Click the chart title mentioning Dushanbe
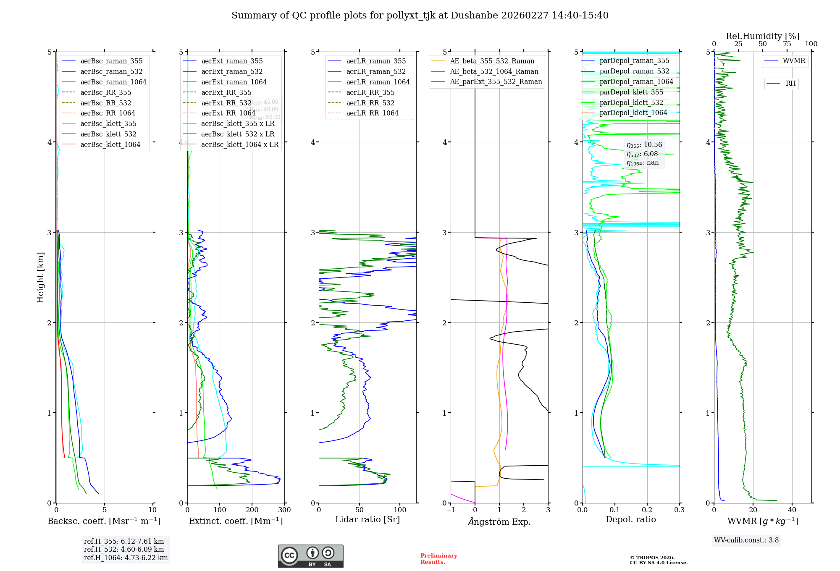tap(420, 16)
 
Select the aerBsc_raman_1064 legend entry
tap(113, 82)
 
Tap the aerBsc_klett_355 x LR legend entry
tap(238, 123)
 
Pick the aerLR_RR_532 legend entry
tap(370, 103)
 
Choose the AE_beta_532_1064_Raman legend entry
tap(494, 71)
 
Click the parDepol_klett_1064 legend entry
tap(633, 113)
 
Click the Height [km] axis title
tap(40, 277)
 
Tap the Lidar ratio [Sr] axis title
tap(367, 519)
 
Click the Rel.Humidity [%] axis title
tap(762, 36)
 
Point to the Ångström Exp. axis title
tap(499, 521)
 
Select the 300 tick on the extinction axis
tap(284, 510)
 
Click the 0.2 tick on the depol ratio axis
tap(647, 510)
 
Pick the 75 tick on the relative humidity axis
tap(787, 44)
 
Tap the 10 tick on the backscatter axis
tap(152, 510)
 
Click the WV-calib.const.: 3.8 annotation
tap(746, 540)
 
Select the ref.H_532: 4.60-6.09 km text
tap(124, 549)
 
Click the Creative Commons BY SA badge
tap(310, 556)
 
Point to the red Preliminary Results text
tap(438, 559)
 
